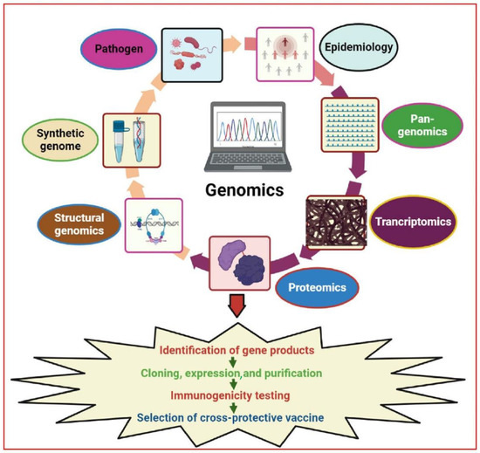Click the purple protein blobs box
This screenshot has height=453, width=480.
click(236, 264)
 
